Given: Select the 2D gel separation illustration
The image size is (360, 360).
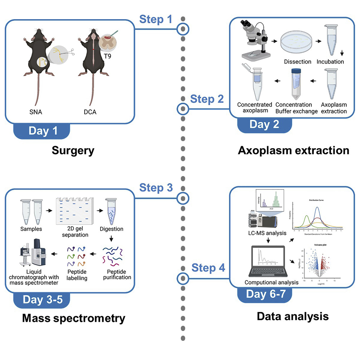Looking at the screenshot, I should pos(74,211).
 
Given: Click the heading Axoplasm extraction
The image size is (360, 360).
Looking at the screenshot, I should pos(293,150).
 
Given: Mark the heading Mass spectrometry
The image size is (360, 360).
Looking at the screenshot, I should pos(73,318).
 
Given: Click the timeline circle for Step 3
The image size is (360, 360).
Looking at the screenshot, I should pos(184,197).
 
